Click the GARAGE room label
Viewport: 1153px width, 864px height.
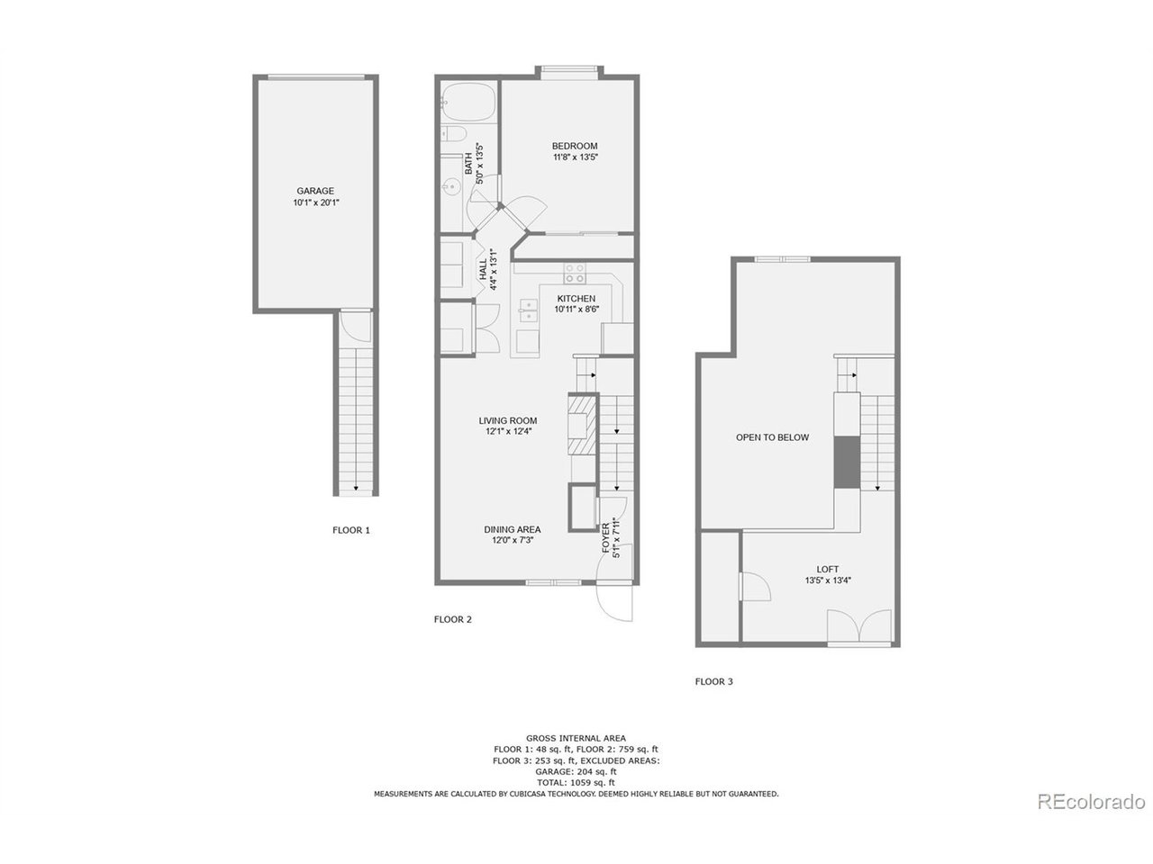click(315, 191)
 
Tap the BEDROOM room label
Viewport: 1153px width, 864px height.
click(575, 146)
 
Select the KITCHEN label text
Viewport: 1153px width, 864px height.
click(576, 299)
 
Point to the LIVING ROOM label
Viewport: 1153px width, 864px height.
click(508, 420)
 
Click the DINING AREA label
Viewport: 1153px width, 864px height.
click(512, 529)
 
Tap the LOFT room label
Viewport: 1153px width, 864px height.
click(828, 569)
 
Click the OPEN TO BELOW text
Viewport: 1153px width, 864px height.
click(772, 437)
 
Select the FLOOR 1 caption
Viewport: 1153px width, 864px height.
click(351, 530)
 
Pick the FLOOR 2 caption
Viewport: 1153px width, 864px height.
click(453, 619)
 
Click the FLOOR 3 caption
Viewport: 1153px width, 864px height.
click(713, 681)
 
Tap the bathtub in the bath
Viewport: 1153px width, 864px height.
click(468, 102)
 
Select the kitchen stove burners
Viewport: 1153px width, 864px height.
click(575, 273)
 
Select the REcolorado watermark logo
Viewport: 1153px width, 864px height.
click(1091, 801)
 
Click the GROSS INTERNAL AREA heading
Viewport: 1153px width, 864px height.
click(576, 738)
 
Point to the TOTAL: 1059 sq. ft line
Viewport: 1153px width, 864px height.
click(576, 783)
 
